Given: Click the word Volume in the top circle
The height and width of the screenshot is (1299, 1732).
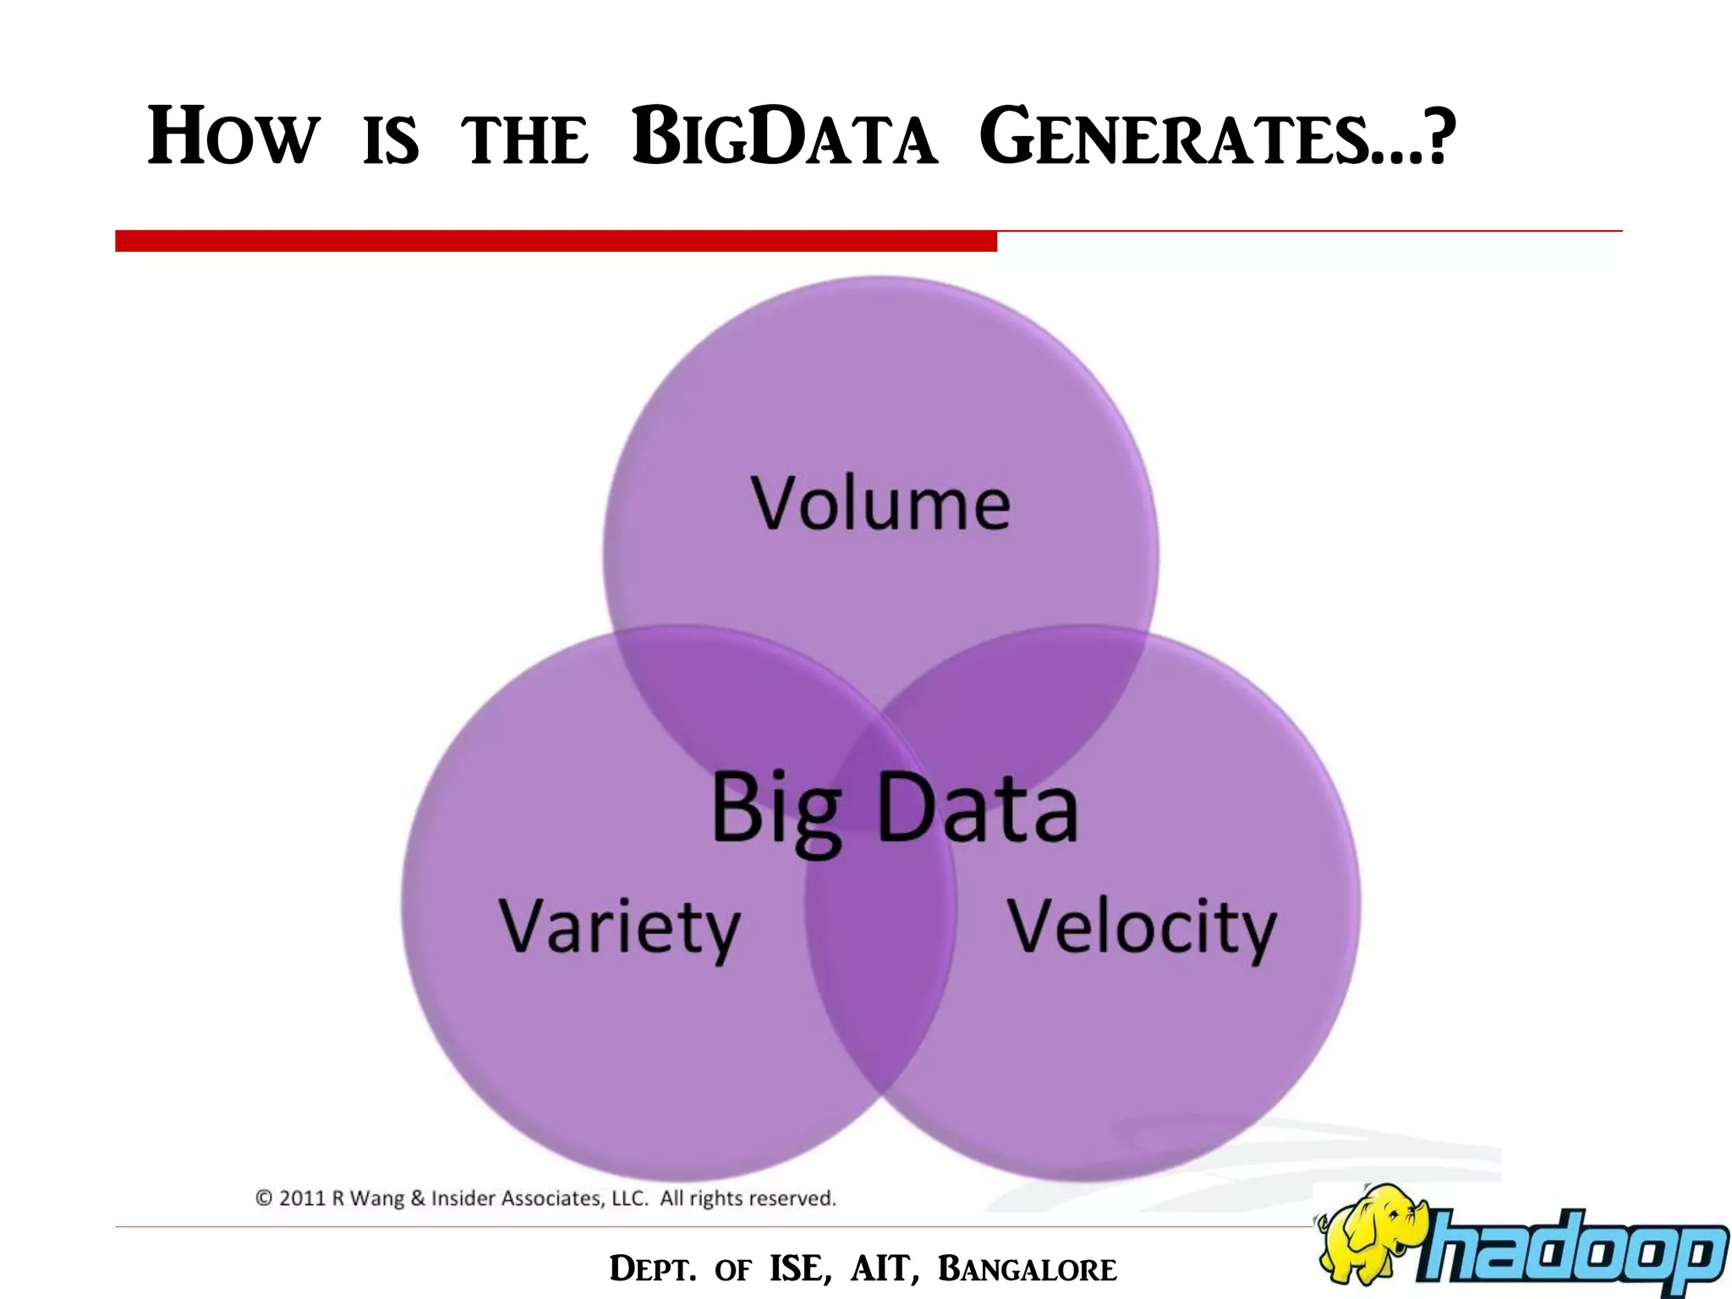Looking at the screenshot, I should (880, 504).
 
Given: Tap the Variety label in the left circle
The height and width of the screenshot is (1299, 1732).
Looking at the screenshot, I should (619, 928).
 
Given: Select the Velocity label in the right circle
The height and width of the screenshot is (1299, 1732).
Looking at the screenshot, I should (1141, 928).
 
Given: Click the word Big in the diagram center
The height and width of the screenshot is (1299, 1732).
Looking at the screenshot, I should (776, 810).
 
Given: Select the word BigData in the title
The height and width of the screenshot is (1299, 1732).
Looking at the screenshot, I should (784, 137).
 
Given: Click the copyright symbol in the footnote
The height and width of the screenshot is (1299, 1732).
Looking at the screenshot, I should (264, 1198).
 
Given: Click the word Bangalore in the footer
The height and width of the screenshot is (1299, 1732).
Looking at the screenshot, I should (1028, 1269).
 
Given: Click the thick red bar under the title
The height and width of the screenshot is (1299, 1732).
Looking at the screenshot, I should (556, 241).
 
